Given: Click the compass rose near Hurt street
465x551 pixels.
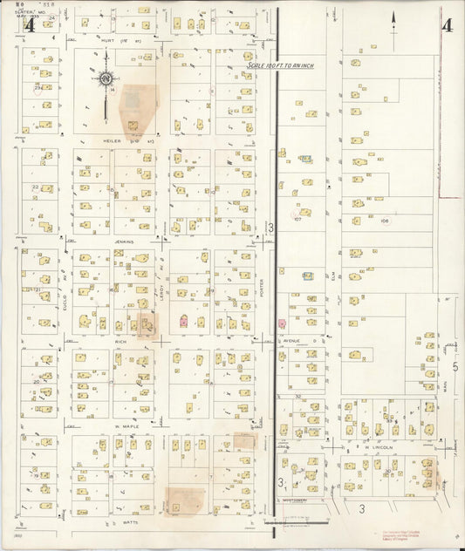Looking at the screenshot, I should pyautogui.click(x=106, y=80).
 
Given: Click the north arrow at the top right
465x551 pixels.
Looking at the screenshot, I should pyautogui.click(x=393, y=30).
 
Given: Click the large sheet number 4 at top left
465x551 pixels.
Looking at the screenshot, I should pyautogui.click(x=31, y=25).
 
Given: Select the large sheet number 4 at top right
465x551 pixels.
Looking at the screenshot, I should pyautogui.click(x=446, y=25).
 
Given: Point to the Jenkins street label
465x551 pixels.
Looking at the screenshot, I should pyautogui.click(x=122, y=239).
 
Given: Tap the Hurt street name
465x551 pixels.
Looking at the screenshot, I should pyautogui.click(x=108, y=40).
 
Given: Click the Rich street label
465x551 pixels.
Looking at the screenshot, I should pyautogui.click(x=121, y=342).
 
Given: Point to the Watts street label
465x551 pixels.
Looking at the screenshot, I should pyautogui.click(x=132, y=522).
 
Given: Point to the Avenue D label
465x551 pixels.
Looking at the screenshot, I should pyautogui.click(x=291, y=341).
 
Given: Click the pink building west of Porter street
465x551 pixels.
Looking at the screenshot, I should pyautogui.click(x=183, y=321).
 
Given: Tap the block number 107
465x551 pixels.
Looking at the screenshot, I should pyautogui.click(x=297, y=220).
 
